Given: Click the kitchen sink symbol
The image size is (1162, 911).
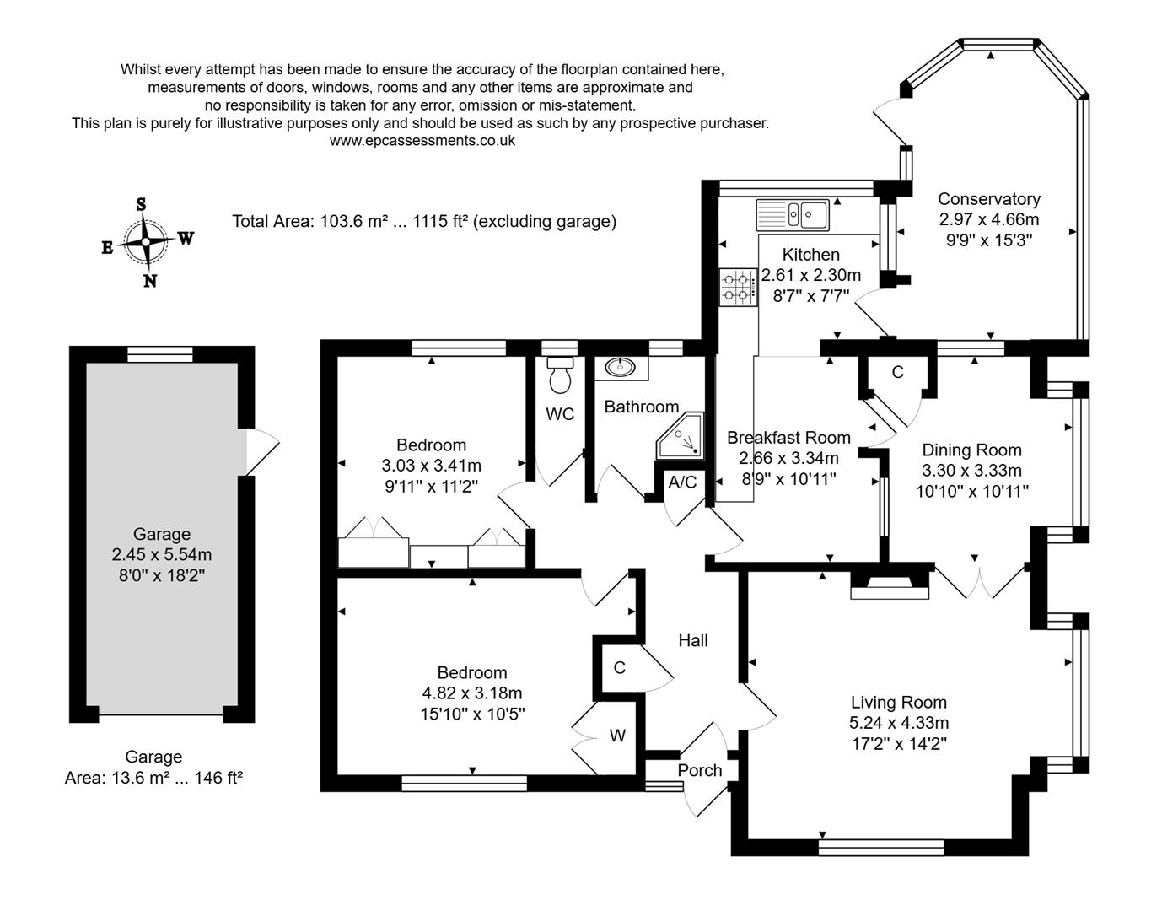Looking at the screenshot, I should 793,214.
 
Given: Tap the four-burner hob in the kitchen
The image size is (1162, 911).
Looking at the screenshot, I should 738,286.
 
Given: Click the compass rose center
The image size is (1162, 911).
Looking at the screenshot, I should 146,242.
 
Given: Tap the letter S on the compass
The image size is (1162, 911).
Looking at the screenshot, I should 141,204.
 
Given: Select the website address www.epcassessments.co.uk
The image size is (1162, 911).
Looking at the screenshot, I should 422,141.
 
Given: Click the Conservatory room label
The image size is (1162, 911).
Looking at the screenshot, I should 988,199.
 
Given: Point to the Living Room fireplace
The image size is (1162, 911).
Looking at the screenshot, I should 889,585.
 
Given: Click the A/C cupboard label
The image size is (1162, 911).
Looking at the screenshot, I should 682,482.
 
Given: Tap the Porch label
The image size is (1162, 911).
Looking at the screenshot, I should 700,770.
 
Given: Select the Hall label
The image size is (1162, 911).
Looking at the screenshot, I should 692,641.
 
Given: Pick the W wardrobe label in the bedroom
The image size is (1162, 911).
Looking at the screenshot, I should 617,736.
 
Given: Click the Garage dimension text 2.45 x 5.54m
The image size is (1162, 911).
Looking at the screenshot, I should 161,555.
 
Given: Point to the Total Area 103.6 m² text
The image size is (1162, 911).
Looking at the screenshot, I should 424,222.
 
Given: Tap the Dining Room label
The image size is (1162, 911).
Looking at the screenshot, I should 971,450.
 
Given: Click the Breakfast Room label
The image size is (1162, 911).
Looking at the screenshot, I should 788,438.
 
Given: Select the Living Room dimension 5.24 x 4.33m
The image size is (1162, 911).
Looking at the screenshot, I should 899,723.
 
